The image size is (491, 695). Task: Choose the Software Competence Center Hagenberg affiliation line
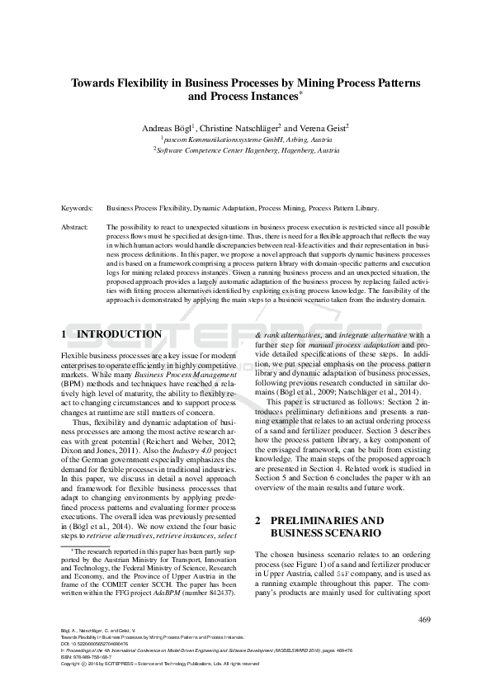(x=245, y=151)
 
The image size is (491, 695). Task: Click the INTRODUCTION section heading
(x=119, y=334)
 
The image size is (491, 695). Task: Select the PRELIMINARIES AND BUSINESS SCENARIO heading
(x=319, y=527)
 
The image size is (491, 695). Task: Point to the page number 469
(x=425, y=620)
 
